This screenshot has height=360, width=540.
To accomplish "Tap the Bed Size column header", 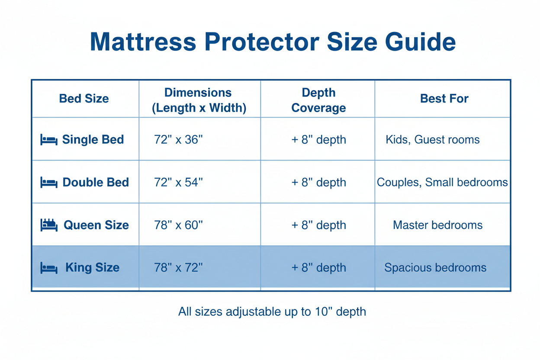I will pos(84,99).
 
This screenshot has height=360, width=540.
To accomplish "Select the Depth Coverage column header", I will pos(318,100).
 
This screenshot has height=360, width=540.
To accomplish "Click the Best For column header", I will pos(444,99).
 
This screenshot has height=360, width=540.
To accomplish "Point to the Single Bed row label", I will pos(93,139).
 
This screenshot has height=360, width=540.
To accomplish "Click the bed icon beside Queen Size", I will pos(49,225).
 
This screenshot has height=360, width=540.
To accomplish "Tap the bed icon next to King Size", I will pos(49,268).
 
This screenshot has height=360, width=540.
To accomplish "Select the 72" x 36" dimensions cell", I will pos(178,139).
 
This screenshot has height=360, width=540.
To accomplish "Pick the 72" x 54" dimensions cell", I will pos(178,182).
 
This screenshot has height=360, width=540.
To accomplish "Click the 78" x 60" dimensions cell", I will pos(178,225).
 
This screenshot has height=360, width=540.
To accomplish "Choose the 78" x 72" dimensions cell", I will pos(178,267).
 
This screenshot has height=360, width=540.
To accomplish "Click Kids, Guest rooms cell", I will pos(433,139).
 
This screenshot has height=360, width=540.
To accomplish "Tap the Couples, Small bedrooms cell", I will pos(442,182).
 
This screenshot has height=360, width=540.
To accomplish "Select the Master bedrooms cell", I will pos(437,225).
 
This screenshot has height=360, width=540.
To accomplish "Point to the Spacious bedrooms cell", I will pos(435,267).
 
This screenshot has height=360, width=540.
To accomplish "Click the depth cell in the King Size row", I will pos(318,267).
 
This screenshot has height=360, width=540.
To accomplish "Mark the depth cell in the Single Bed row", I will pos(318,139).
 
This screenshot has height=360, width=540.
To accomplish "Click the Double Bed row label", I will pos(96,182).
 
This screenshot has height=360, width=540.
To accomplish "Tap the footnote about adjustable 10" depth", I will pos(272,311).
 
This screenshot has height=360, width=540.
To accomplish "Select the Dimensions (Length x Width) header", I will pos(199,100).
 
